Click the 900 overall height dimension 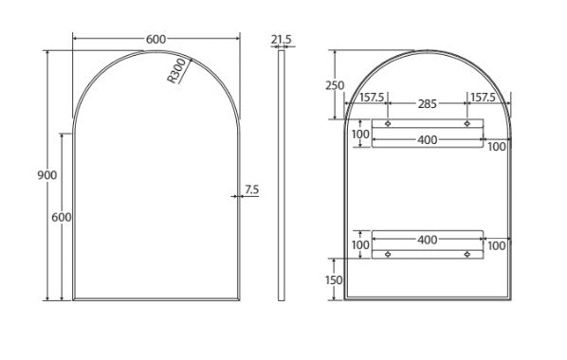tap(47, 175)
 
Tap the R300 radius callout tap(176, 71)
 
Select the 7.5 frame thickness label tap(251, 189)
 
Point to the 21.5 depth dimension tap(282, 39)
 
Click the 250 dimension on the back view tap(335, 85)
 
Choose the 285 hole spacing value tap(428, 104)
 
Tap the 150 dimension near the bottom tap(334, 280)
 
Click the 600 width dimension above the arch tap(155, 39)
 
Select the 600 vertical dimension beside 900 tap(62, 217)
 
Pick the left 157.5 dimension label tap(372, 98)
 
